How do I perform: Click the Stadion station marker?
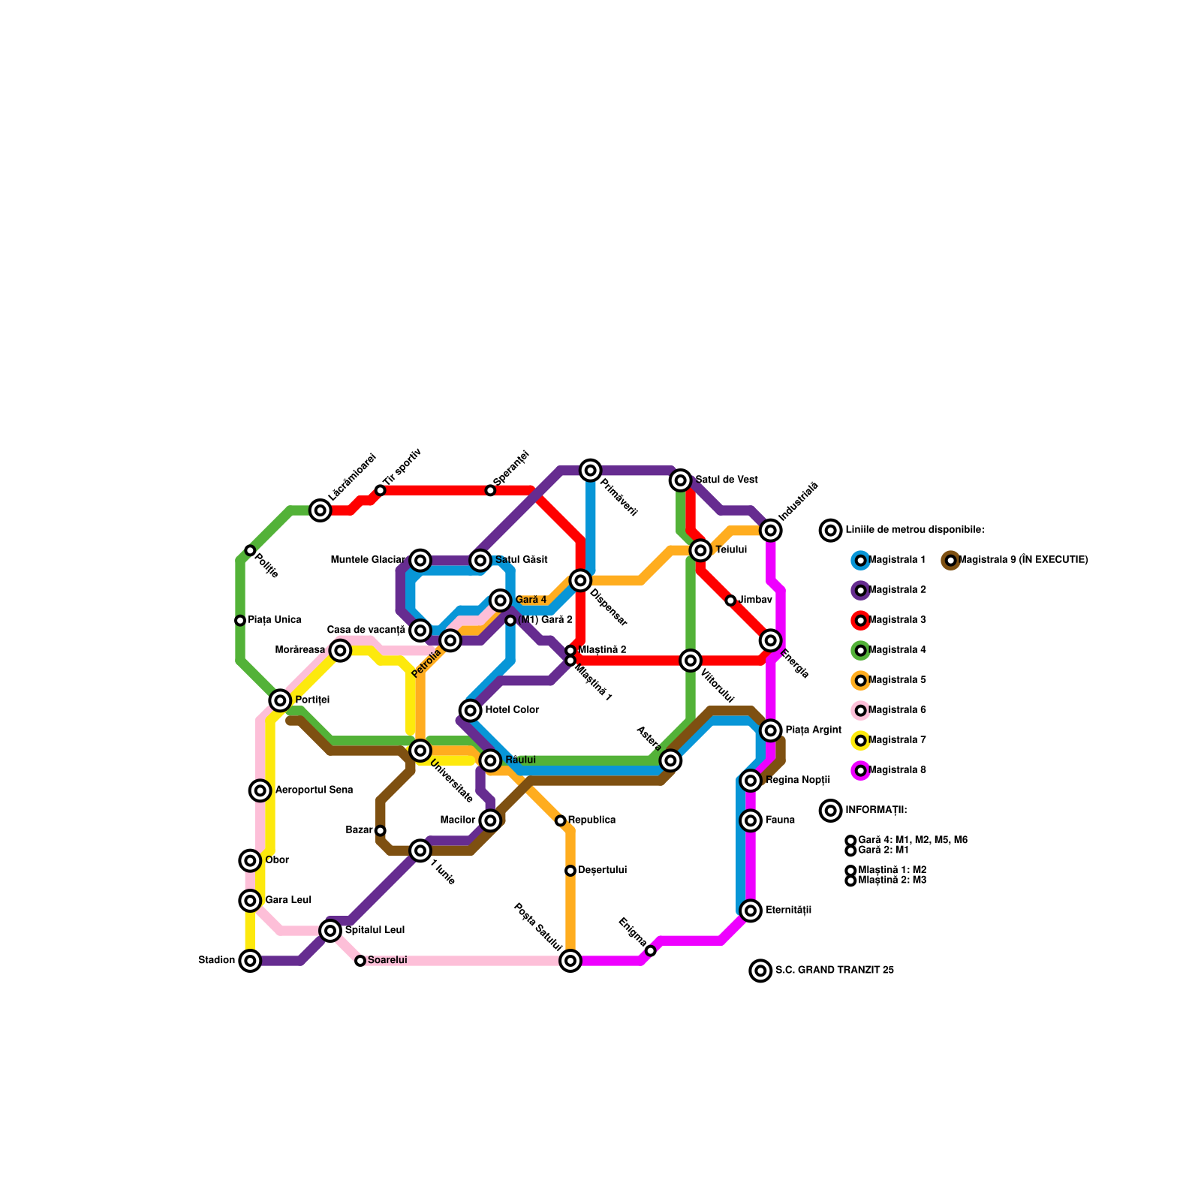250,960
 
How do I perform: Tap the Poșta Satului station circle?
570,960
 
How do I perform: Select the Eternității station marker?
751,911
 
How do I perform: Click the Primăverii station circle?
591,470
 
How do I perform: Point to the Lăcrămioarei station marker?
321,510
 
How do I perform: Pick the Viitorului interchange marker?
691,661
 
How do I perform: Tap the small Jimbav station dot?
730,600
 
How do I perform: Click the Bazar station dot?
381,830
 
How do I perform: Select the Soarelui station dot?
360,961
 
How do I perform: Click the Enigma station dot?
651,951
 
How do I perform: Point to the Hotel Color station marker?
471,710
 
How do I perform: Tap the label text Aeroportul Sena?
314,790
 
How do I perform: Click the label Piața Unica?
275,620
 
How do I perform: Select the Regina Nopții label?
798,781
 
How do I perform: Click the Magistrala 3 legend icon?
861,620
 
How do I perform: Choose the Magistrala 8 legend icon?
861,770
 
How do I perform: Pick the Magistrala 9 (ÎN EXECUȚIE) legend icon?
950,560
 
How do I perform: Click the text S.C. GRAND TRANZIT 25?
834,971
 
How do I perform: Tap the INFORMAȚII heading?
876,811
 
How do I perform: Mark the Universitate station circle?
420,751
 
